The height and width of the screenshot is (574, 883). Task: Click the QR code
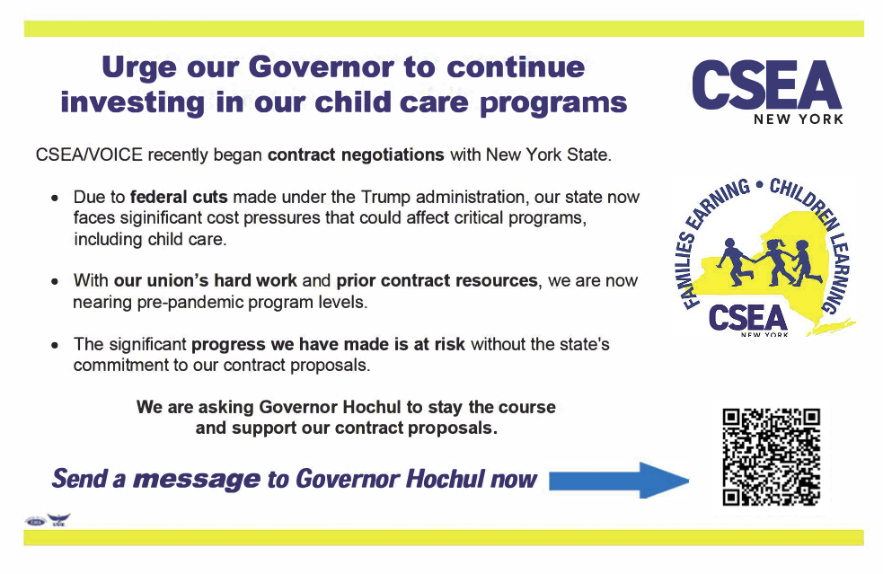click(x=772, y=455)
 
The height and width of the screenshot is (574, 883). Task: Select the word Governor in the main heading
click(x=322, y=66)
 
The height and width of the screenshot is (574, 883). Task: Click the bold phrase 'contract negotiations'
click(x=356, y=155)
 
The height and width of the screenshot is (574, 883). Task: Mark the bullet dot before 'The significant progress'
click(x=56, y=345)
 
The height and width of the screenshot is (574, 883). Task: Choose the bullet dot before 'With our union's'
click(x=56, y=281)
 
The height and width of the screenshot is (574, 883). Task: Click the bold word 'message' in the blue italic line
click(x=196, y=480)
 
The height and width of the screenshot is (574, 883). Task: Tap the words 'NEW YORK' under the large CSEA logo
click(x=799, y=119)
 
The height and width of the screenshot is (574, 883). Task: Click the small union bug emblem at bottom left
click(x=48, y=520)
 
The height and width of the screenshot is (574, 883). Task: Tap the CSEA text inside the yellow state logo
click(x=747, y=316)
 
